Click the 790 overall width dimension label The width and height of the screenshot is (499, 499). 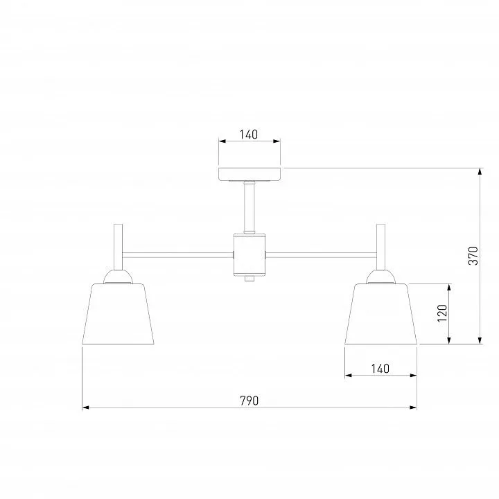coord(249,401)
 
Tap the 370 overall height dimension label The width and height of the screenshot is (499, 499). coord(473,256)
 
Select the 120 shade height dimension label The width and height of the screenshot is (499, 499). coord(442,313)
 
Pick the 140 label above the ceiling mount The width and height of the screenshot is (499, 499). coord(249,134)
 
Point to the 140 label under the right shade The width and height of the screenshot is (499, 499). coord(380,369)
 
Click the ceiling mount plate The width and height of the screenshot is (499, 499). coord(249,174)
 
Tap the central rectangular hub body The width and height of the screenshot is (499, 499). coord(249,254)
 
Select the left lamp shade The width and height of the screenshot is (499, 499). coord(118,314)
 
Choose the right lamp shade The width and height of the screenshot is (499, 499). coord(380,314)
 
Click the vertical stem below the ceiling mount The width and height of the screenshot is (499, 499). coord(249,207)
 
